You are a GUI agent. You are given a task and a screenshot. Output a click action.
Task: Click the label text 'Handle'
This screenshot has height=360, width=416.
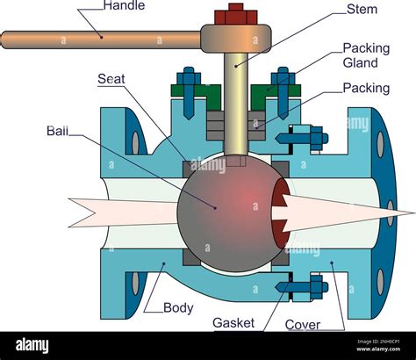pyautogui.click(x=125, y=5)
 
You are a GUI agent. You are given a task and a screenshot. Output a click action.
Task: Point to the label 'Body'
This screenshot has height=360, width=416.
pyautogui.click(x=179, y=307)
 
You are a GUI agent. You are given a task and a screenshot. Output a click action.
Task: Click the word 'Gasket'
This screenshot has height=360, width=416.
pyautogui.click(x=233, y=323)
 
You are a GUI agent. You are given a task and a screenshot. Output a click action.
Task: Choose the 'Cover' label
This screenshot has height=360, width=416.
pyautogui.click(x=303, y=324)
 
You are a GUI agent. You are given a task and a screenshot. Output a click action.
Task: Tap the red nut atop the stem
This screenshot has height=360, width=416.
pyautogui.click(x=235, y=15)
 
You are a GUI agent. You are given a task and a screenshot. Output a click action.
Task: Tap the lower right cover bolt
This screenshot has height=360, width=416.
pyautogui.click(x=306, y=285)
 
